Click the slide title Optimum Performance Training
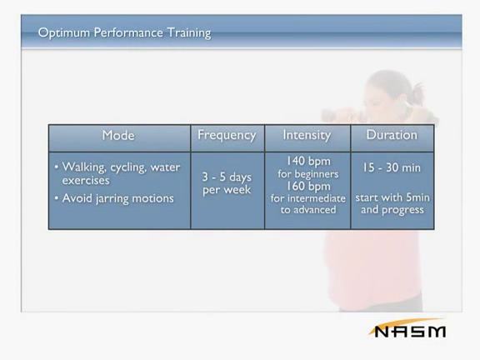[125, 32]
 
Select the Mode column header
[118, 135]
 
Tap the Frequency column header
[227, 135]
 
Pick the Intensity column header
[307, 135]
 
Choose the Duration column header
[392, 135]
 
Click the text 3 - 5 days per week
[227, 183]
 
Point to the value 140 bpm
[308, 162]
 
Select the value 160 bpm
[308, 186]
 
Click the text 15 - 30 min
[392, 167]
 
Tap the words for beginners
[308, 174]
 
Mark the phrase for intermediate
[308, 198]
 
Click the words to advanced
[308, 210]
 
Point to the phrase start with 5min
[392, 197]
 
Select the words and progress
[392, 210]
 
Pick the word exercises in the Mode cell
[86, 180]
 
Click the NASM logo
[409, 330]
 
